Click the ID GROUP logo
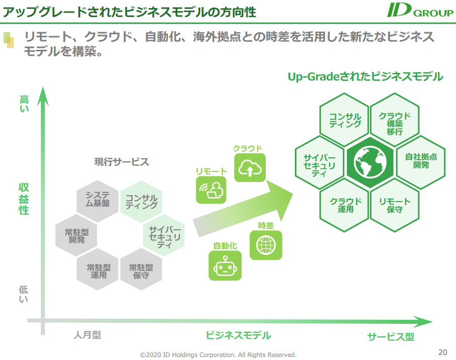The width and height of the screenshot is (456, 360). point(420,10)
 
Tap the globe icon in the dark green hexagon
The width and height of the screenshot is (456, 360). point(370,162)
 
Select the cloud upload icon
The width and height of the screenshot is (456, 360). point(250,167)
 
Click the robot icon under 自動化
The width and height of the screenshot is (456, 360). point(225,265)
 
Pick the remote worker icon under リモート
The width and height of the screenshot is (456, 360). point(211,190)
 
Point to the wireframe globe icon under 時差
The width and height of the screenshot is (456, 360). point(266,245)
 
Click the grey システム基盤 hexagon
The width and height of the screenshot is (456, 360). point(98,201)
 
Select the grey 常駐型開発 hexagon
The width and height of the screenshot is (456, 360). point(76,235)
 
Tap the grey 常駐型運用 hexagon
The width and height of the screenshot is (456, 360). point(98,269)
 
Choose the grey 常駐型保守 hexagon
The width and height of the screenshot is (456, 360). point(141,269)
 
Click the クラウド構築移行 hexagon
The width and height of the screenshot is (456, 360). point(395,120)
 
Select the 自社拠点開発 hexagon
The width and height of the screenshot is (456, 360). point(421,162)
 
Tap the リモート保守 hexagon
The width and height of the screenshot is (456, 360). point(395,205)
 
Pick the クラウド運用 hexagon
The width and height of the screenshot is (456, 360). point(345,205)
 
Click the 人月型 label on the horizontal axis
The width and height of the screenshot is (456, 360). point(87,335)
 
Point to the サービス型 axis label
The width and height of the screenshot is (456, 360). point(391,337)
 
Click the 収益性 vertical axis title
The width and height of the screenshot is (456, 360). point(24,199)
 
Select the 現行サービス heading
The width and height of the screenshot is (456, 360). point(122,162)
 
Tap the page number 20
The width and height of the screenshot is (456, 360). point(442,352)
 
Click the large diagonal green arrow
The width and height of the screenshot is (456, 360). point(243,209)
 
